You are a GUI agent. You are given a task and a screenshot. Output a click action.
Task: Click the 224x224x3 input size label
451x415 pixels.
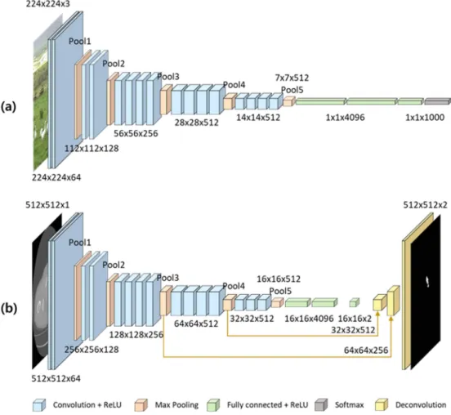[47, 4]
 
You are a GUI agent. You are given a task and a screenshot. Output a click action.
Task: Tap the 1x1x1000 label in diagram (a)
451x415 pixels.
[425, 118]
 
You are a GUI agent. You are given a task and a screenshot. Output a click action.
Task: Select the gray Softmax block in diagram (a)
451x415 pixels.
[437, 101]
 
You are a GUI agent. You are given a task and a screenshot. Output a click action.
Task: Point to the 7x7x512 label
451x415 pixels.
[292, 78]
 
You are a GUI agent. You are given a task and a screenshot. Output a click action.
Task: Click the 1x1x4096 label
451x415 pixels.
[345, 118]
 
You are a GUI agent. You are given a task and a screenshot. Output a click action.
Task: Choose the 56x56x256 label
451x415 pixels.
[136, 133]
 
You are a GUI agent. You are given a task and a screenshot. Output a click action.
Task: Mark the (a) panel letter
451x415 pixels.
[9, 107]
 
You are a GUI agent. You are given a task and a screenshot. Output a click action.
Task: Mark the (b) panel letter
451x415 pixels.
[9, 308]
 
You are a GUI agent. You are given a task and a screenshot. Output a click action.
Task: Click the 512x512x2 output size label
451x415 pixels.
[426, 205]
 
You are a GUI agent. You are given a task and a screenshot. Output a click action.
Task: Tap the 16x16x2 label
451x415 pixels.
[355, 319]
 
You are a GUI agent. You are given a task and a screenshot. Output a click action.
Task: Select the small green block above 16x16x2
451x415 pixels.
[355, 302]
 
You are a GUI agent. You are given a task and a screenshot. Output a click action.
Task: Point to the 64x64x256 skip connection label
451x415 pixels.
[366, 350]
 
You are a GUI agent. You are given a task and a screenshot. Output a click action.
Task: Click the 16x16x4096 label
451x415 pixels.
[309, 319]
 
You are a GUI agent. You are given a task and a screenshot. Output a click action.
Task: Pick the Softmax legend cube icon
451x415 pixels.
[321, 404]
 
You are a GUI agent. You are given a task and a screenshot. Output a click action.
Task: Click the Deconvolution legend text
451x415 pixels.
[421, 405]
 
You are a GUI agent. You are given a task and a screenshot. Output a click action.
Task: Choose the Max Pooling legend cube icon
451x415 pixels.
[141, 404]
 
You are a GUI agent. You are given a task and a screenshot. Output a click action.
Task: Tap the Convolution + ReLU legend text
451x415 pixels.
[87, 405]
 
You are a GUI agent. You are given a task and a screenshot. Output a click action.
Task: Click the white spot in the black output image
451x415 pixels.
[427, 282]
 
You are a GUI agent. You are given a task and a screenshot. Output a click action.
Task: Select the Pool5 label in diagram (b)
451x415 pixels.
[280, 291]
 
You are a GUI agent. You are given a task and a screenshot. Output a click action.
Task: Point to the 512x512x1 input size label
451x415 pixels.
[47, 205]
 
